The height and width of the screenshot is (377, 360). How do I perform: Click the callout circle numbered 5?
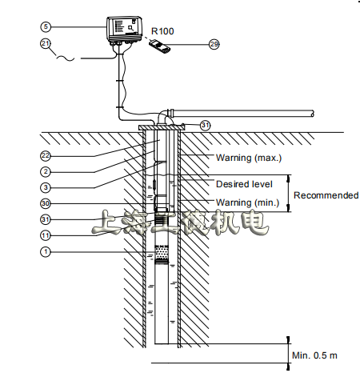[46, 26]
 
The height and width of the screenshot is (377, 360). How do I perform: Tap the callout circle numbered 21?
[46, 43]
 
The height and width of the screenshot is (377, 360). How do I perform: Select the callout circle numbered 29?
[214, 44]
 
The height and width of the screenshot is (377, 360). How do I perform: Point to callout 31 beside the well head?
[206, 125]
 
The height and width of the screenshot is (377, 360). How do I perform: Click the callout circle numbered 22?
[46, 156]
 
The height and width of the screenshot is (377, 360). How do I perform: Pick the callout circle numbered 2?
[46, 172]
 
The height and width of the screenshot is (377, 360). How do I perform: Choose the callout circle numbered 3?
[46, 188]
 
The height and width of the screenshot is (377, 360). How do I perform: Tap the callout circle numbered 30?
[46, 204]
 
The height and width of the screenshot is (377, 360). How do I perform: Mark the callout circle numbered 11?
[46, 235]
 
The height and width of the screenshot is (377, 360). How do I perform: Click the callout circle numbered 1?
[46, 251]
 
